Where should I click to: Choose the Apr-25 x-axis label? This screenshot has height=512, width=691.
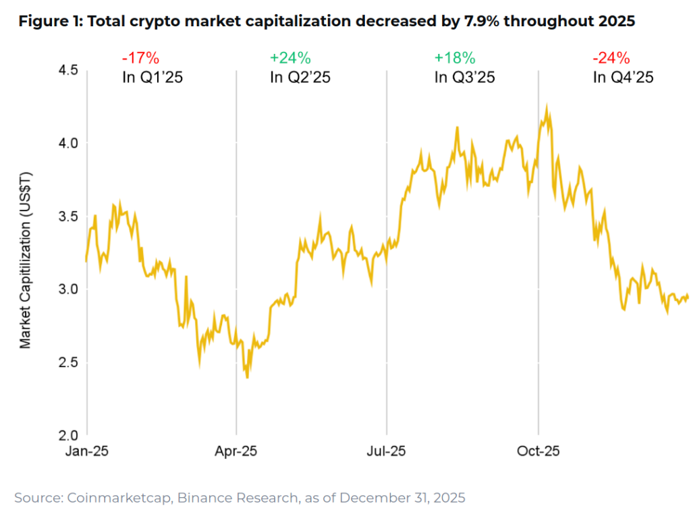[x=236, y=451]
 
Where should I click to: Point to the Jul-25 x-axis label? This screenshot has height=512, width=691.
[x=387, y=451]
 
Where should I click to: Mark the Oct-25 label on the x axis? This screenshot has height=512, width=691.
[x=538, y=451]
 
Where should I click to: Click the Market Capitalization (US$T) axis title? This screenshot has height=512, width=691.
[x=25, y=260]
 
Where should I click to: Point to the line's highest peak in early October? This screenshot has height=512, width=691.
[x=547, y=105]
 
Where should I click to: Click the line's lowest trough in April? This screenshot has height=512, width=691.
[x=247, y=377]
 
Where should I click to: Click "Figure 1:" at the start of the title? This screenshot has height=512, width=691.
[x=51, y=22]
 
